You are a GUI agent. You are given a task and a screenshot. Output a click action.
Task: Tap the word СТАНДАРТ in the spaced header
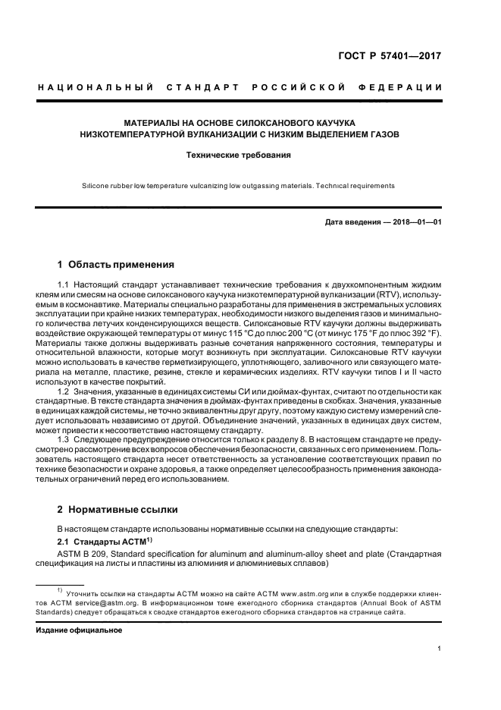pos(205,89)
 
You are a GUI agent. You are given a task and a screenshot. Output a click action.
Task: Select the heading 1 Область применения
pos(116,265)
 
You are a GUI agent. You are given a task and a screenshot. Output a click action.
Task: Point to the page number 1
pos(440,648)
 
